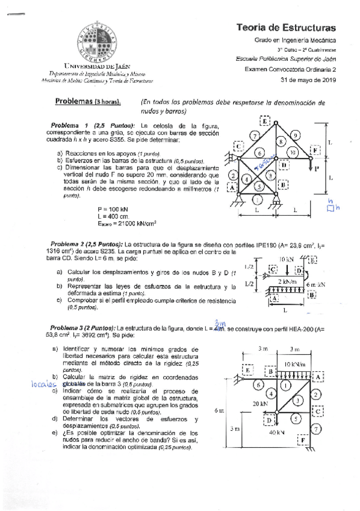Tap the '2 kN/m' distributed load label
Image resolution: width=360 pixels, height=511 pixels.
(286, 282)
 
